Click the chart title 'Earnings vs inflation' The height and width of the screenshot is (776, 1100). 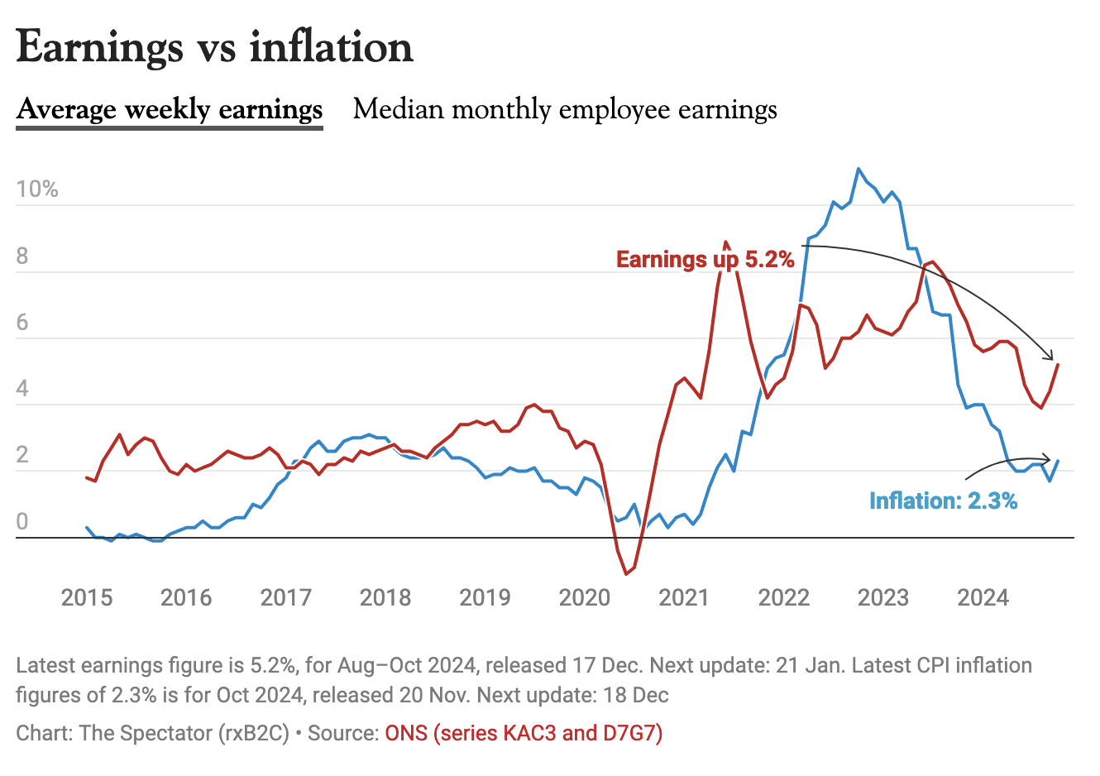coord(214,47)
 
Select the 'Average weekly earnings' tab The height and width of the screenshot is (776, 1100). coord(170,110)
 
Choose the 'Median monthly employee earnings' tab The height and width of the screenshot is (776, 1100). coord(565,110)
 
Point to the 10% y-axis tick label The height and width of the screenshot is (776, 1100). coord(37,189)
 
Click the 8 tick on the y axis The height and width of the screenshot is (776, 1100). coord(22,256)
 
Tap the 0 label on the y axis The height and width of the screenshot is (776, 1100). coord(22,522)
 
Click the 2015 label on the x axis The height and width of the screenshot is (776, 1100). coord(87,597)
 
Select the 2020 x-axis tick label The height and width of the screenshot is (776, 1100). coord(585,597)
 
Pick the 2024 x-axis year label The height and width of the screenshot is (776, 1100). coord(983,597)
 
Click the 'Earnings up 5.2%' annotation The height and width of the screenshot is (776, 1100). coord(705,260)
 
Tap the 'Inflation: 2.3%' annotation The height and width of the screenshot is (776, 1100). coord(943,501)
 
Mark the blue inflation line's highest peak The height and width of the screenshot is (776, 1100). coord(858,169)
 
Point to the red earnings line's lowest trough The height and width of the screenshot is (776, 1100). coord(626,573)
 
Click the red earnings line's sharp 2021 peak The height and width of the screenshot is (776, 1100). coord(726,242)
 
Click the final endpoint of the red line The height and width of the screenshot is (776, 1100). coord(1058,365)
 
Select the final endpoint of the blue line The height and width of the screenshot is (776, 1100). coord(1058,462)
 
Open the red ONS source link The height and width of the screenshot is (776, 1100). coord(524,733)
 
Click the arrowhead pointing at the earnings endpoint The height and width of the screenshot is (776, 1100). coord(1051,356)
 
